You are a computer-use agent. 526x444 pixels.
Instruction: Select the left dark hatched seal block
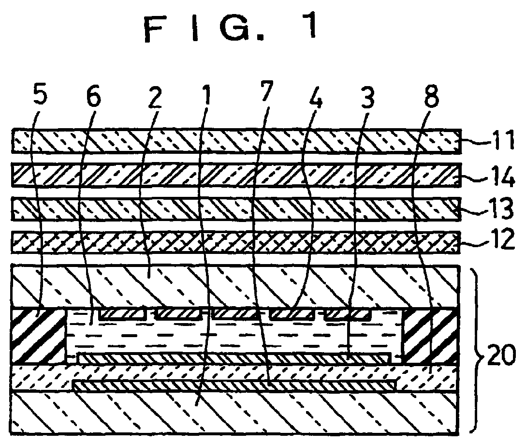point(38,335)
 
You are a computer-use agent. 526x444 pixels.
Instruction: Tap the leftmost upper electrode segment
point(123,314)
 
